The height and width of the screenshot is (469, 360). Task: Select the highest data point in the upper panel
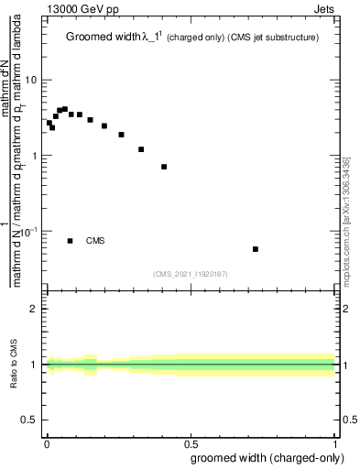coord(64,109)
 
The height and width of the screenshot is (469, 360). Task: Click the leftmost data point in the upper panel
coord(49,123)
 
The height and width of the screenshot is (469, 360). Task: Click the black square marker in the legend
coord(71,241)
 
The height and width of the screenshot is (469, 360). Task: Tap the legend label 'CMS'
coord(95,241)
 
